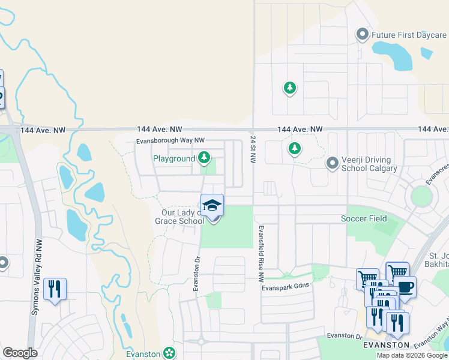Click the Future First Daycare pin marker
coord(362,35)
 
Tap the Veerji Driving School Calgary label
coord(366,164)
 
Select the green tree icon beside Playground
coord(205,158)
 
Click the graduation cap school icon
coord(212,206)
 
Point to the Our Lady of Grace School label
coord(182,217)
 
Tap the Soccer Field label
coord(364,218)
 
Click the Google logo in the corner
coord(20,353)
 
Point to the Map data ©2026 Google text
coord(411,355)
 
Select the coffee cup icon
coord(405,287)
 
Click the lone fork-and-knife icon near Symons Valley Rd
coord(55,289)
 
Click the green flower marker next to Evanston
coord(170,353)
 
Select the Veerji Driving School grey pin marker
coord(332,163)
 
